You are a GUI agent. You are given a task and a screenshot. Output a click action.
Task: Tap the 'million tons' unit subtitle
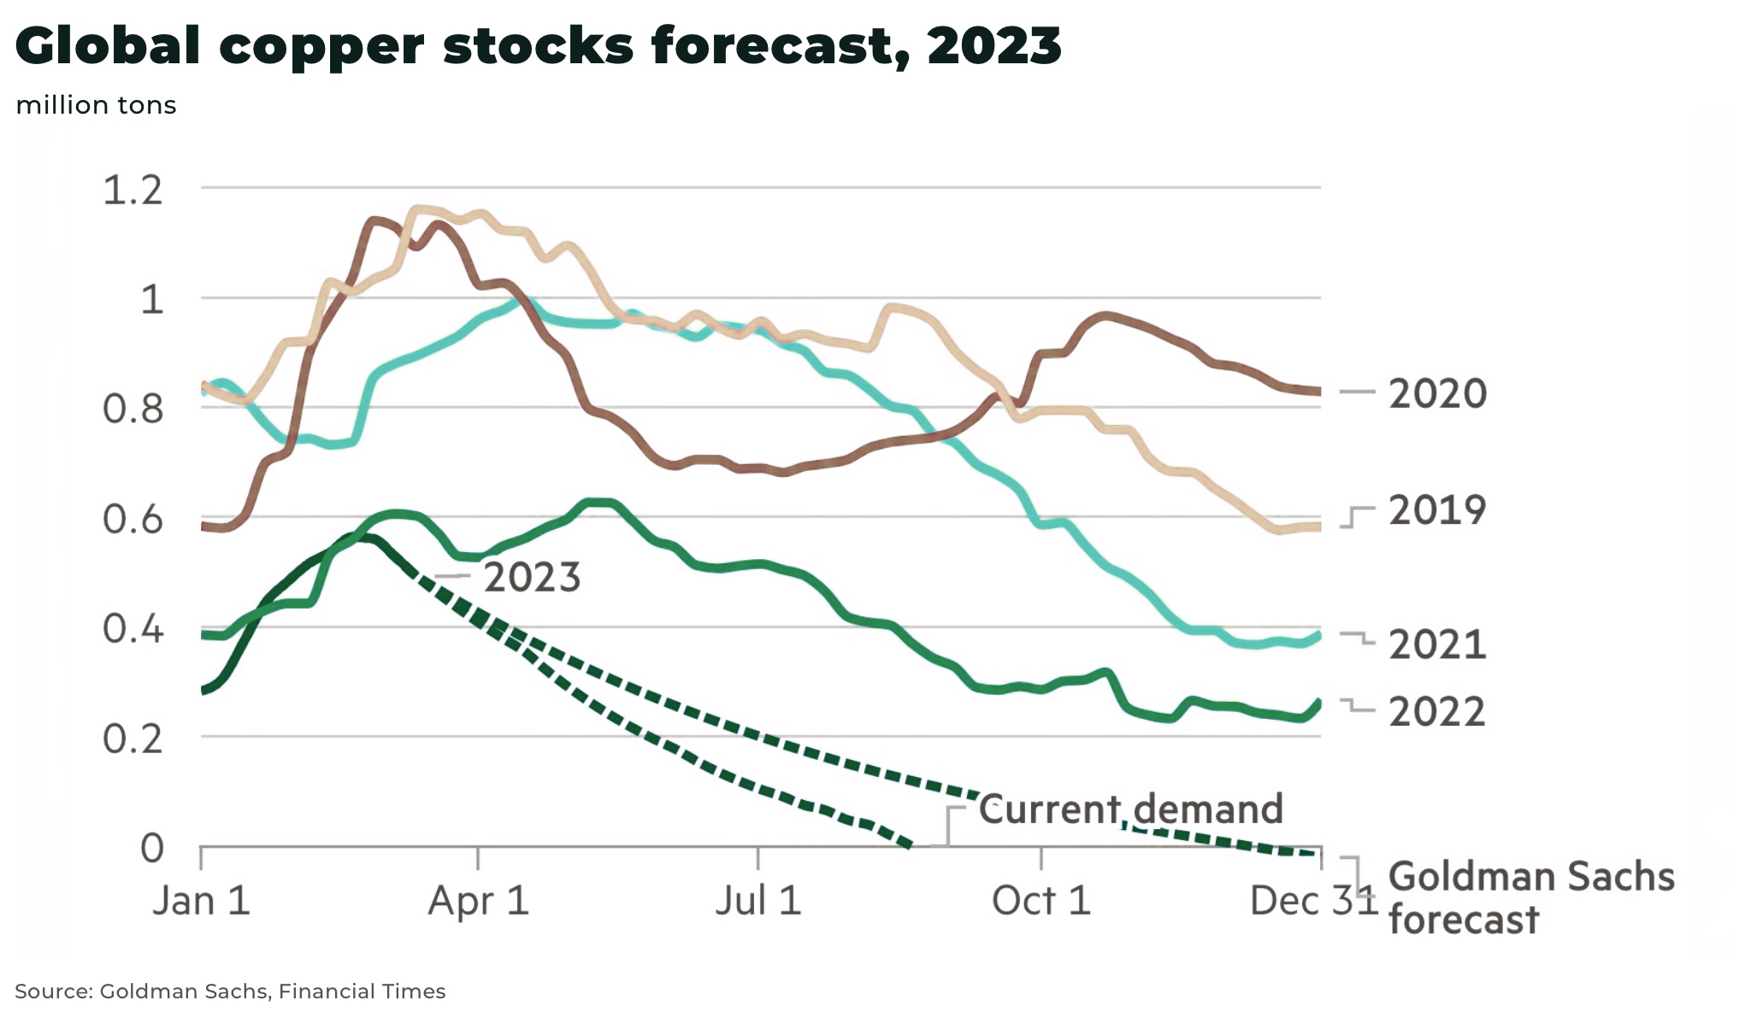(x=96, y=105)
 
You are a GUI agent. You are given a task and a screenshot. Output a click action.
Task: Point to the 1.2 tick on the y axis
(x=133, y=190)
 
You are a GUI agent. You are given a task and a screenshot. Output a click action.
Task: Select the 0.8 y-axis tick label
(x=133, y=409)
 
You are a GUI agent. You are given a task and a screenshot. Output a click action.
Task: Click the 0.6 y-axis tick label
(x=133, y=519)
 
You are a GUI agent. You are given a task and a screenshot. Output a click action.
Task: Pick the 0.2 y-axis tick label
(x=133, y=739)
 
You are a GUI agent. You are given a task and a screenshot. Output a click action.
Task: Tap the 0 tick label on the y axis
(x=152, y=848)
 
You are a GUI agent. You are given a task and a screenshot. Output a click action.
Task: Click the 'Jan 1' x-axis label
(x=201, y=901)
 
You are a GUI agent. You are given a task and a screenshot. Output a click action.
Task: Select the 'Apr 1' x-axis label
(x=478, y=901)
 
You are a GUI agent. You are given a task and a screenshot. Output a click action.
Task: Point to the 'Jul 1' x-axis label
(x=758, y=901)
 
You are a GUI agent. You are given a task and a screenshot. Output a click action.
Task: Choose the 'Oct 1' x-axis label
(x=1041, y=901)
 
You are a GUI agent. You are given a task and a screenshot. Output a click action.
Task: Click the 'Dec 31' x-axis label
(x=1312, y=901)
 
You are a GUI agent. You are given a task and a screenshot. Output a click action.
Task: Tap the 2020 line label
(x=1437, y=394)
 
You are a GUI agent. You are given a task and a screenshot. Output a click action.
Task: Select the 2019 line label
(x=1437, y=510)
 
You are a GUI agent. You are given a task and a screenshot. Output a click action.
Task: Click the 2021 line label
(x=1437, y=644)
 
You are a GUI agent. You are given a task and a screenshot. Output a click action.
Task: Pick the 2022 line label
(x=1437, y=712)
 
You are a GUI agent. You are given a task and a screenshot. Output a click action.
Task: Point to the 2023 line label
(x=532, y=578)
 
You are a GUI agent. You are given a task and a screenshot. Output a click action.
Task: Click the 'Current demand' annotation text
(x=1130, y=809)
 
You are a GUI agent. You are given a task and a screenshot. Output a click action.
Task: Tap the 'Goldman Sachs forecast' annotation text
(x=1530, y=897)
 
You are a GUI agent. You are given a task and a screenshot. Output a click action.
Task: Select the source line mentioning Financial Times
(x=230, y=992)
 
